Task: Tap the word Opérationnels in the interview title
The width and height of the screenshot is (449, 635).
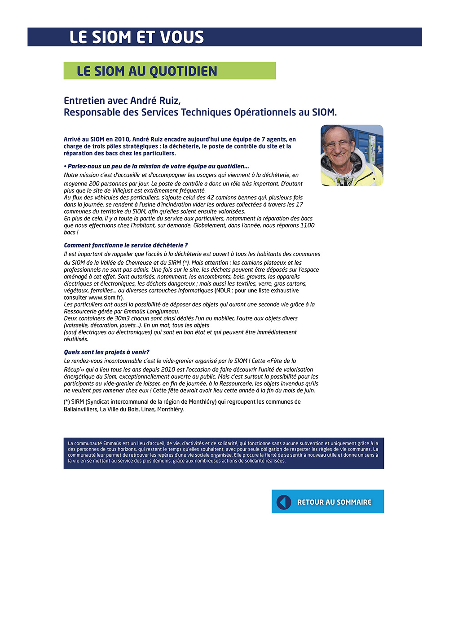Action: tap(264, 112)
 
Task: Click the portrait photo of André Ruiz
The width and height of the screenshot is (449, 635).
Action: tap(352, 155)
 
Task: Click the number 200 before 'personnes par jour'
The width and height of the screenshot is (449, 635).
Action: tap(94, 184)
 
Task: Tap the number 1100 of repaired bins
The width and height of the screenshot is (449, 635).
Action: tap(307, 225)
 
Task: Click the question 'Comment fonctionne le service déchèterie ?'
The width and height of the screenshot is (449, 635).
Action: tap(126, 245)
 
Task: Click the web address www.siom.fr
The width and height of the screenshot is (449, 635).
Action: tap(106, 297)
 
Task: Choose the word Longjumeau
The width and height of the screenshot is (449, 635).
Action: tap(162, 311)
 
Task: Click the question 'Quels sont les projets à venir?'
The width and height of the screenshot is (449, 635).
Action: tap(106, 352)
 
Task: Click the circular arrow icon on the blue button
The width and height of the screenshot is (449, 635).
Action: tap(284, 502)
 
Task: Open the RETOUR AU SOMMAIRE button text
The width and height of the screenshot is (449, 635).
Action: tap(335, 502)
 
